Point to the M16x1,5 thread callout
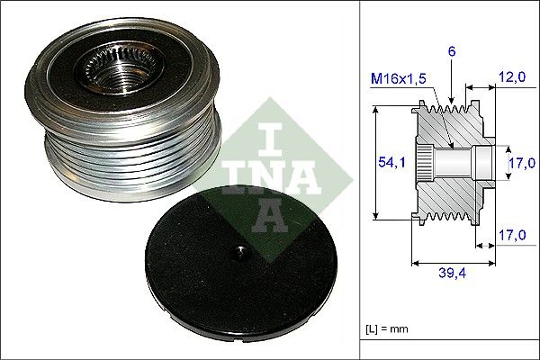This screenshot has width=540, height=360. (x=399, y=80)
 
